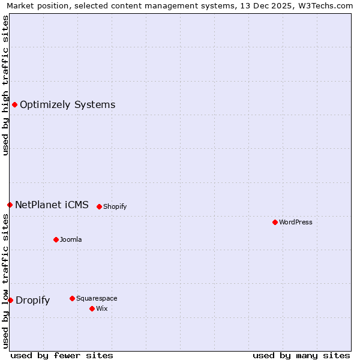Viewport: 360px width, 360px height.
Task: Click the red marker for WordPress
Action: coord(275,222)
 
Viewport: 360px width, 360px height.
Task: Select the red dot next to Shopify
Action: coord(99,206)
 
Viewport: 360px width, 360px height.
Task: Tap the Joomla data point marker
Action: coord(56,239)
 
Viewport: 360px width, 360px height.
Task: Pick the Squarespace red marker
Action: coord(72,298)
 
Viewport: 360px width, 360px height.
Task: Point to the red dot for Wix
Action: coord(92,308)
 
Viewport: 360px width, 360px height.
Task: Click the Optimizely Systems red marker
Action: coord(14,105)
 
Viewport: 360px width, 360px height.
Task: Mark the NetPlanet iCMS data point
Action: coord(10,205)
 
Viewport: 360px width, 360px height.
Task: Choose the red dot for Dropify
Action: coord(10,300)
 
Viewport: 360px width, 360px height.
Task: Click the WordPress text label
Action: coord(296,222)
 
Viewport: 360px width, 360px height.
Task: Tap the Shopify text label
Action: coord(115,206)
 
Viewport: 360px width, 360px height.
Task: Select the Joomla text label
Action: coord(71,239)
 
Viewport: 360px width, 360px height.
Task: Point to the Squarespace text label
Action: coord(97,298)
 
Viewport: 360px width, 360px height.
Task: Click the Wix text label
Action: coord(101,308)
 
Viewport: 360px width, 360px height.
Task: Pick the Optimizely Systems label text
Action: coord(67,105)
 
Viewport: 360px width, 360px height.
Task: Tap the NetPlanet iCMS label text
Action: coord(52,205)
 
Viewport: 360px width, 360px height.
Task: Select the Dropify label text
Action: coord(32,301)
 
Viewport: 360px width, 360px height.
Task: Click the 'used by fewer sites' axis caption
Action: coord(62,355)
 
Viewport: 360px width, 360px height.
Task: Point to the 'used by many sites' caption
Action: coord(301,355)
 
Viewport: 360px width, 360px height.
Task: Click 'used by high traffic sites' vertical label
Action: coord(5,85)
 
